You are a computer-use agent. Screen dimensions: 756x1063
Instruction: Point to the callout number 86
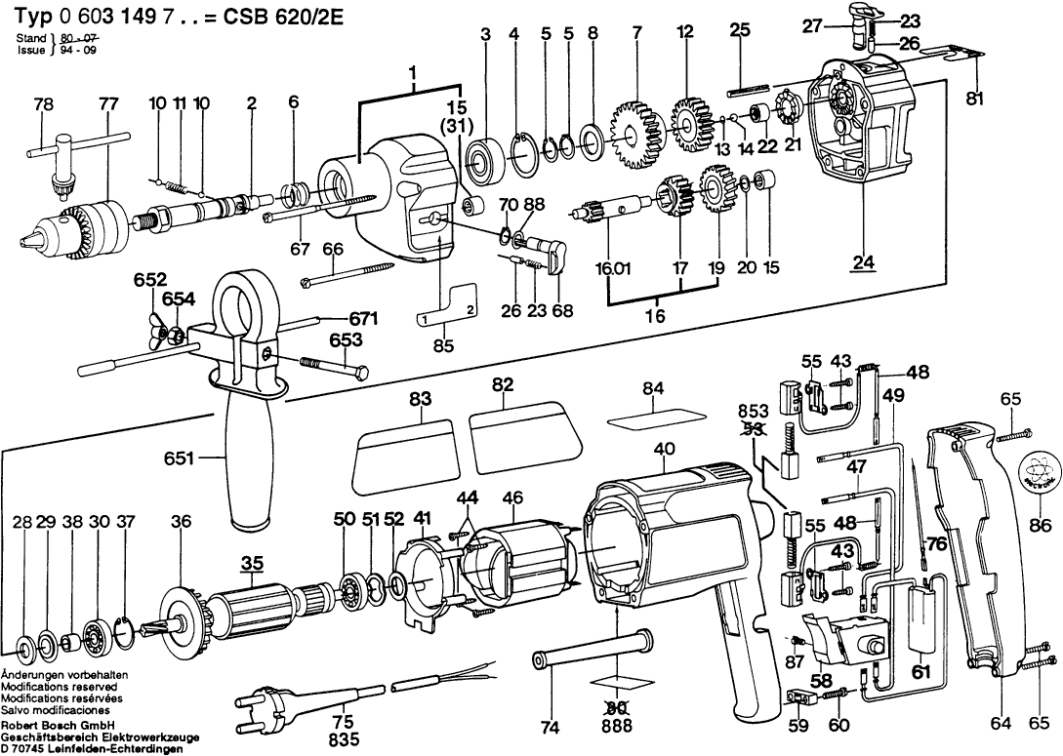[x=1045, y=525]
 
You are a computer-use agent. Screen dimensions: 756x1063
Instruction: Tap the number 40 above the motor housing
[x=665, y=449]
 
